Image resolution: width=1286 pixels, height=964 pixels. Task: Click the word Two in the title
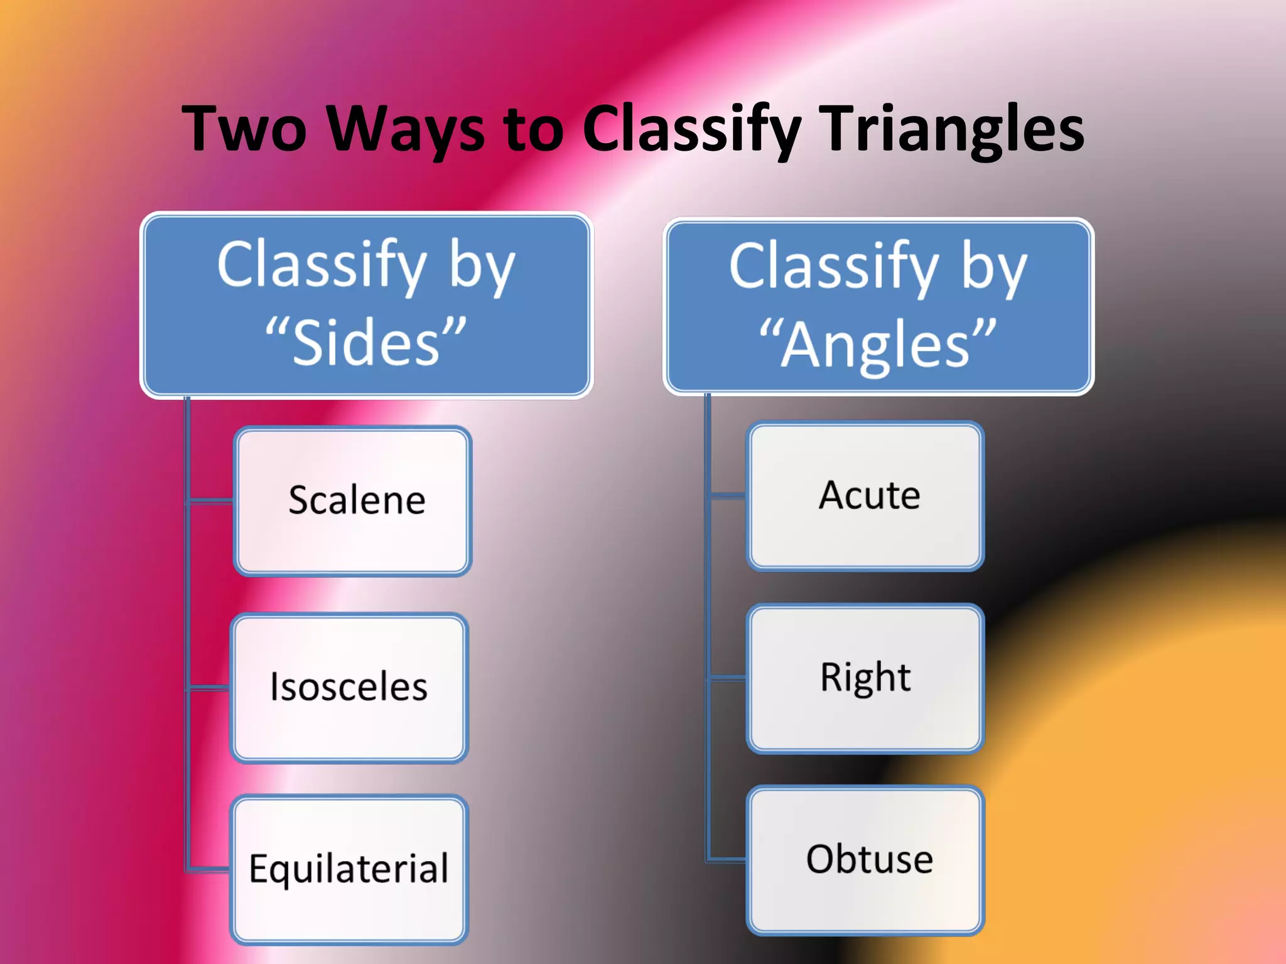[x=244, y=129]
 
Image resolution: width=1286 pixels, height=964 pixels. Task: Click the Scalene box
[x=352, y=501]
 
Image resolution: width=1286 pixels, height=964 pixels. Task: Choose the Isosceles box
[x=349, y=687]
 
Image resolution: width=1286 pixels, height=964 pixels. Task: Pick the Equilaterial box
[x=349, y=869]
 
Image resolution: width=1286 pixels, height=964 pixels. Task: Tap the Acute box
[x=865, y=496]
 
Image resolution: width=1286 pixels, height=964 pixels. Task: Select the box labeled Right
[x=865, y=678]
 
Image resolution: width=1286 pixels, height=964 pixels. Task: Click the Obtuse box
[x=865, y=860]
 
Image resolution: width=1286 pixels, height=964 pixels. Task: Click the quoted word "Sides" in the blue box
[x=365, y=342]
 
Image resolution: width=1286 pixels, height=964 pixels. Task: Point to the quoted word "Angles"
[x=878, y=344]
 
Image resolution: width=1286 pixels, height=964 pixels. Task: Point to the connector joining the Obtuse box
[x=727, y=859]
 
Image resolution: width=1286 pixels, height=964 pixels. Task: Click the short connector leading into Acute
[x=727, y=496]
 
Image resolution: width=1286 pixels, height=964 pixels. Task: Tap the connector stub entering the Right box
[x=727, y=678]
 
